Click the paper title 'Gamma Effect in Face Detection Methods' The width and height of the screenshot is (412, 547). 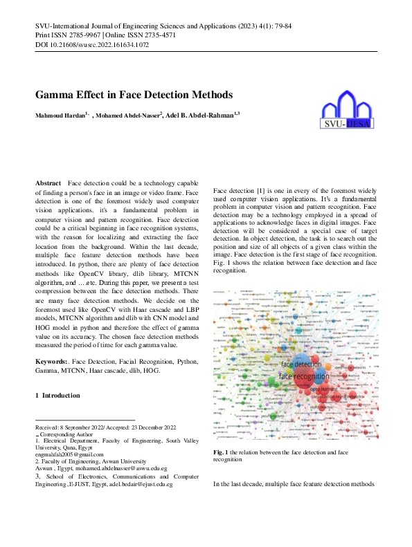134,95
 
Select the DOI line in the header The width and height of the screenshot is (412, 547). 91,45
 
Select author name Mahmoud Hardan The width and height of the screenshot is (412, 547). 60,115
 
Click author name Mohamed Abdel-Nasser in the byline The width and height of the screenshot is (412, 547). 127,115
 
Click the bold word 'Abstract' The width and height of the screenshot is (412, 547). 48,183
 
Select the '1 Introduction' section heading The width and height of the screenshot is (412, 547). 57,396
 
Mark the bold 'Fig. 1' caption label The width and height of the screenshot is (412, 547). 222,452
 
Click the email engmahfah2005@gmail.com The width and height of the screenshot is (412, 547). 69,454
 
